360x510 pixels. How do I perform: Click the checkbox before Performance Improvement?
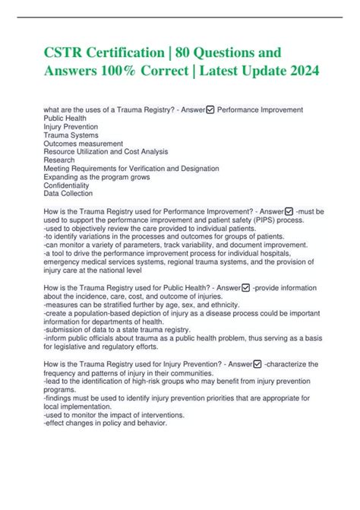[211, 110]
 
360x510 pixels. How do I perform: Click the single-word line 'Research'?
[59, 160]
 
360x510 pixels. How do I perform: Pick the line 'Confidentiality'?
[67, 185]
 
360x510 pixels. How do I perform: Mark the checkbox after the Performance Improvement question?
[289, 211]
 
